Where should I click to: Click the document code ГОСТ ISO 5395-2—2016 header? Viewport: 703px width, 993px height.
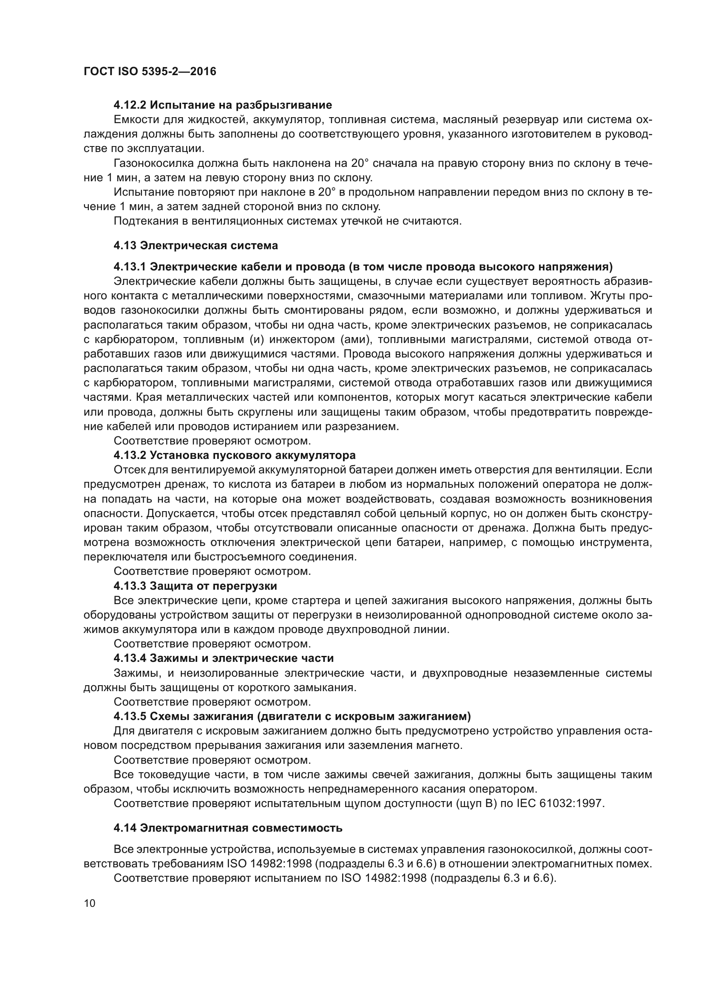tap(150, 71)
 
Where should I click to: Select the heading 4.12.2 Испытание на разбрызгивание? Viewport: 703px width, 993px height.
tap(223, 105)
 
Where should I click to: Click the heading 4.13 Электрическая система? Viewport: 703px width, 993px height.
tap(196, 246)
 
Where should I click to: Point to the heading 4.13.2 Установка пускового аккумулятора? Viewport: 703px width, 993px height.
tap(235, 455)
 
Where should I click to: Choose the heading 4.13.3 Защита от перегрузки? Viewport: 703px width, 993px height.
tap(195, 586)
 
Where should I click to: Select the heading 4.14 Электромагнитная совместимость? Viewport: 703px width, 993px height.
tap(228, 828)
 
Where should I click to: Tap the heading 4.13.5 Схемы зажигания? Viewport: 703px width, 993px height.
tap(292, 716)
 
